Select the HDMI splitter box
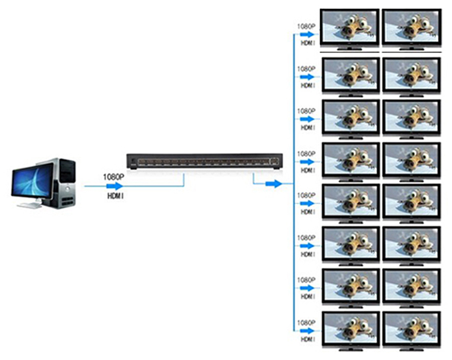[204, 160]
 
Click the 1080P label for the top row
[306, 26]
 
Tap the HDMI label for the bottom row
[307, 339]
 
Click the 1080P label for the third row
[306, 111]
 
